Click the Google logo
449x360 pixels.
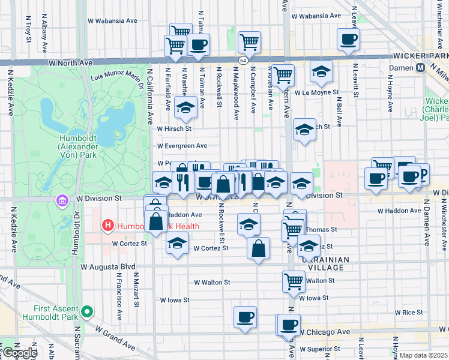tap(20, 353)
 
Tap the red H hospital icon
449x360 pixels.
tap(108, 226)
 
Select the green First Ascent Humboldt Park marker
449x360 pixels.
tap(88, 311)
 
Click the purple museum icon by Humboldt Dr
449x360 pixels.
tap(62, 199)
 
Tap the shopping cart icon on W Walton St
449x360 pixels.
tap(294, 280)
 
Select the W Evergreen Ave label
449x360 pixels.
tap(182, 145)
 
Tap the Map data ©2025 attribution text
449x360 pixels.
tap(423, 355)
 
